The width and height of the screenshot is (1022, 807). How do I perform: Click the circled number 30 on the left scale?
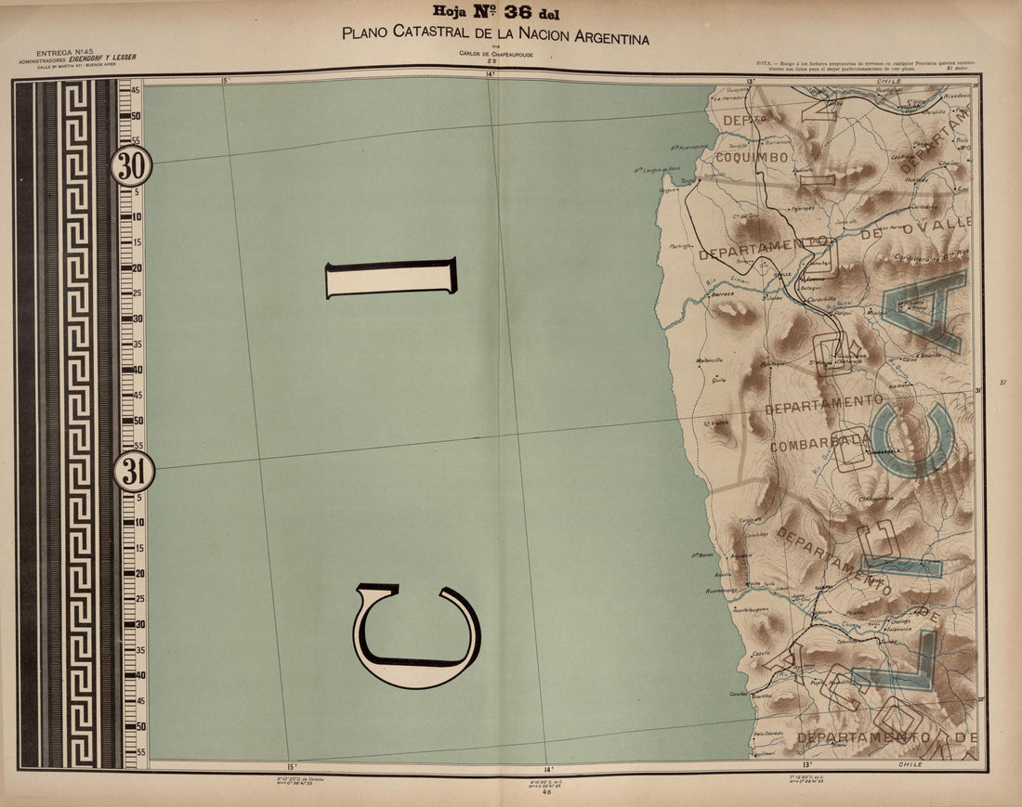click(132, 167)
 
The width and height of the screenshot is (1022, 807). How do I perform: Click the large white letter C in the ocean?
click(415, 636)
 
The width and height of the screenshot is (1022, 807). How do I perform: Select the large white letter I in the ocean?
click(391, 278)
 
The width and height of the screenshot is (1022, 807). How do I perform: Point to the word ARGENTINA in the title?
click(603, 37)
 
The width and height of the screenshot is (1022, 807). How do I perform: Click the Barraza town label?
click(722, 293)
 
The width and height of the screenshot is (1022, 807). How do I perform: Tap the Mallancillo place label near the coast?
click(710, 360)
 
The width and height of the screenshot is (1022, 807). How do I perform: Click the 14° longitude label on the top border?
click(490, 74)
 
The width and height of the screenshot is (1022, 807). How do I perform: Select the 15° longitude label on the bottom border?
click(292, 767)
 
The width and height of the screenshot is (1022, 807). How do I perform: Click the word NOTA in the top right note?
click(766, 59)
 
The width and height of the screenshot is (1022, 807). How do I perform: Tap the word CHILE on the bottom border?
click(911, 764)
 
